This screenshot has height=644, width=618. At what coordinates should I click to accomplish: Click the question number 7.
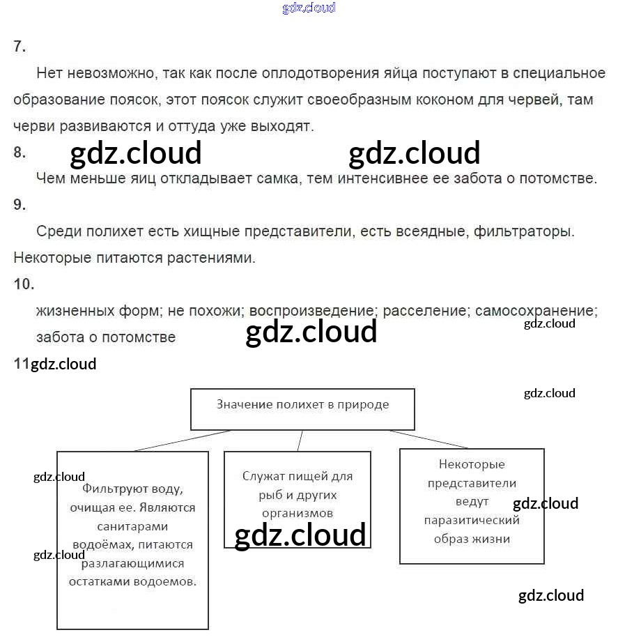pyautogui.click(x=20, y=47)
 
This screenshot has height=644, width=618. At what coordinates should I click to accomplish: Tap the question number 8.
pyautogui.click(x=20, y=153)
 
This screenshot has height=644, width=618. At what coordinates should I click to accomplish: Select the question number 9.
pyautogui.click(x=20, y=204)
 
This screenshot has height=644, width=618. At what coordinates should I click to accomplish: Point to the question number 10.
pyautogui.click(x=24, y=284)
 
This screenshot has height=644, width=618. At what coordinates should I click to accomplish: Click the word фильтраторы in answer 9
pyautogui.click(x=524, y=231)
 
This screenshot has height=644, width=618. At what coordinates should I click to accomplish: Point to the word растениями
pyautogui.click(x=212, y=258)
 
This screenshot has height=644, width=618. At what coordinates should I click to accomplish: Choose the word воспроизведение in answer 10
pyautogui.click(x=313, y=311)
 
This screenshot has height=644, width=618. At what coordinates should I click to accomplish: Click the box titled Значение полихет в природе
pyautogui.click(x=302, y=409)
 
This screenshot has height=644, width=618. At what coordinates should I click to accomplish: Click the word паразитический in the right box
pyautogui.click(x=472, y=520)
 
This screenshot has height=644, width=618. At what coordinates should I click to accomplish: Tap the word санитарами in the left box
pyautogui.click(x=132, y=526)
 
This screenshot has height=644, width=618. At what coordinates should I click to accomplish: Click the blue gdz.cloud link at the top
pyautogui.click(x=309, y=8)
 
